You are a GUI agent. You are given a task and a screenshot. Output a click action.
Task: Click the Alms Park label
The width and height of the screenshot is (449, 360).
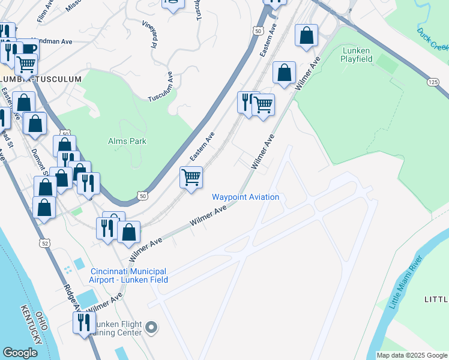click(127, 141)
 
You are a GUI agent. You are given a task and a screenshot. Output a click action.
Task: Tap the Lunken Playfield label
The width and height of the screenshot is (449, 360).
click(357, 55)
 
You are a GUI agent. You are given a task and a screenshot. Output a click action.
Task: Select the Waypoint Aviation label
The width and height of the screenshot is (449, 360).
click(245, 197)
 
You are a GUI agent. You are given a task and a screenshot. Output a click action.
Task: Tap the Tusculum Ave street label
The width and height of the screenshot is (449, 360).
click(160, 88)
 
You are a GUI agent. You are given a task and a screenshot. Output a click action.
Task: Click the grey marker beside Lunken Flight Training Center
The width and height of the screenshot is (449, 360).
click(151, 328)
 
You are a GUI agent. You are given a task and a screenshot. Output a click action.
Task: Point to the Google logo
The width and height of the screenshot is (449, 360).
click(20, 353)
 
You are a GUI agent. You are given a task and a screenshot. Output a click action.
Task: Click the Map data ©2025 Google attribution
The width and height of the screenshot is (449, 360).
click(412, 355)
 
